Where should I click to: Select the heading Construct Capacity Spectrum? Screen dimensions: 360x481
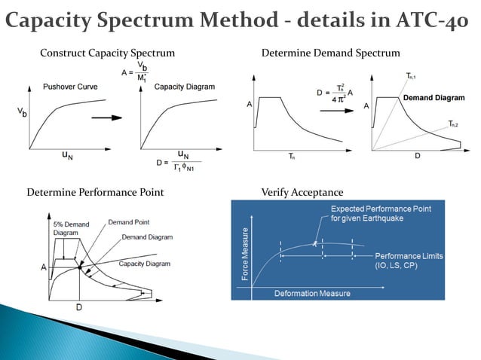pos(107,53)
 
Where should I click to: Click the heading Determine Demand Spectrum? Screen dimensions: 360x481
pos(330,53)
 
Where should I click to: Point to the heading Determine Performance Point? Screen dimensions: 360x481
pos(95,193)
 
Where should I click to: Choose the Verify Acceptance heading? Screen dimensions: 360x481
pos(302,193)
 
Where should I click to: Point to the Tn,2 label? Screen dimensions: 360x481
pos(453,123)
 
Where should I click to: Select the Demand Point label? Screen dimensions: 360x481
pos(129,223)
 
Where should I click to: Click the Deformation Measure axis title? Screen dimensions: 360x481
pos(306,292)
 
